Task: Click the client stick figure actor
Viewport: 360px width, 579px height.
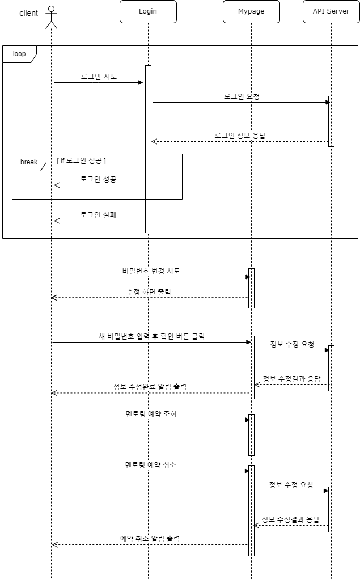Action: click(x=52, y=16)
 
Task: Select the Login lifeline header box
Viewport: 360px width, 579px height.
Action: click(x=148, y=11)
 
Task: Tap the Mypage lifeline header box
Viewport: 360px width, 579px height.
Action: click(x=251, y=11)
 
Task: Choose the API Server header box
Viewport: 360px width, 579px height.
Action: click(x=331, y=11)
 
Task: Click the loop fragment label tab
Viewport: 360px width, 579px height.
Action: click(x=19, y=54)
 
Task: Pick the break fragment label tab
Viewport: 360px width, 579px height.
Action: click(x=28, y=162)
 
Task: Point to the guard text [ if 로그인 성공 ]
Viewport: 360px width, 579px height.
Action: click(x=82, y=161)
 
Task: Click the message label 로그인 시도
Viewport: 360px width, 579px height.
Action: click(x=99, y=77)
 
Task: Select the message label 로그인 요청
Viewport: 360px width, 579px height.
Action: click(x=242, y=96)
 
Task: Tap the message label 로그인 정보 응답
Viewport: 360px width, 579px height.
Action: click(x=240, y=136)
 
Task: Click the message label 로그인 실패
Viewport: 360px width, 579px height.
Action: click(x=99, y=215)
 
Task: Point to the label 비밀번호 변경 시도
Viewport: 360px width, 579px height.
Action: click(x=151, y=271)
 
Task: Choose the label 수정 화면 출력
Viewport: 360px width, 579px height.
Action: click(x=149, y=291)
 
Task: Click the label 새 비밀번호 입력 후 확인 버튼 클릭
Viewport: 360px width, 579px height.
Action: click(x=151, y=336)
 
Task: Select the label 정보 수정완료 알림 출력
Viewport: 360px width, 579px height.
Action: click(x=150, y=387)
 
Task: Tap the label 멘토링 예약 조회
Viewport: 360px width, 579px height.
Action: click(x=151, y=414)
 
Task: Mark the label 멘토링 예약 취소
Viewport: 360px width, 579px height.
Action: click(x=151, y=465)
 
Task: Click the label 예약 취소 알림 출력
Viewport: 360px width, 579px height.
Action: click(x=150, y=539)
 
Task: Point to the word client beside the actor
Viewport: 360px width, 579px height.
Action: click(x=29, y=13)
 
